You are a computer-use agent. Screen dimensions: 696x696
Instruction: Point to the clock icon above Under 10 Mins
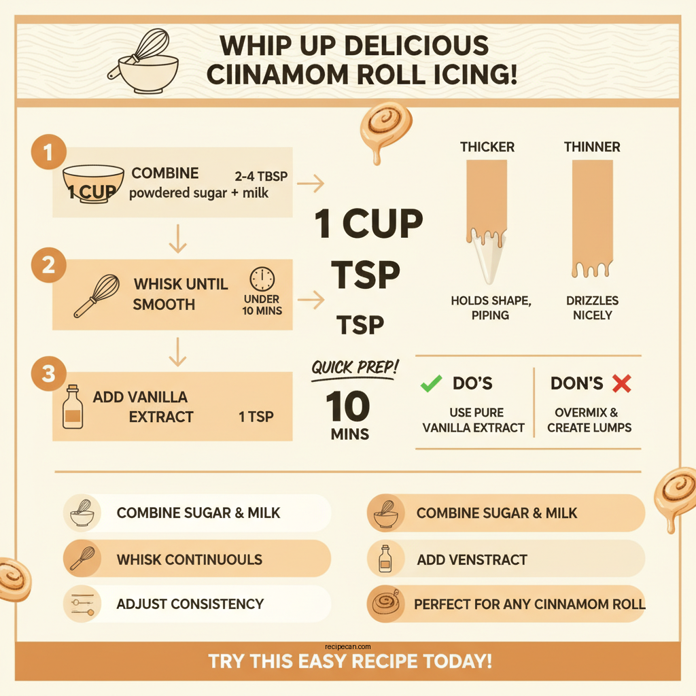point(262,279)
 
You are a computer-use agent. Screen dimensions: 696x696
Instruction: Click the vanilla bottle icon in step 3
point(72,407)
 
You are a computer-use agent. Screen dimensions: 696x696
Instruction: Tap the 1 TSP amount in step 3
point(256,417)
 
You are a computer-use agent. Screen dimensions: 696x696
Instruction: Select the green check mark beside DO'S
point(430,384)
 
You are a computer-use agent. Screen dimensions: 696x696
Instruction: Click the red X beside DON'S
point(621,384)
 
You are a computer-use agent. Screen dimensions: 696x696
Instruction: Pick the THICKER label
point(487,147)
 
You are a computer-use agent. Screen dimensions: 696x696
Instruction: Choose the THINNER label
point(592,147)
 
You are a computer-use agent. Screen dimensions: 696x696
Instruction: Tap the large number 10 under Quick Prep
point(348,406)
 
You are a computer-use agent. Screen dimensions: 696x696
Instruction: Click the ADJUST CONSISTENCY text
point(190,604)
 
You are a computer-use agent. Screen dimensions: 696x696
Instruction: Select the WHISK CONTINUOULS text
point(189,560)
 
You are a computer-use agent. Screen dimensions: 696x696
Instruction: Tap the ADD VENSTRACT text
point(472,560)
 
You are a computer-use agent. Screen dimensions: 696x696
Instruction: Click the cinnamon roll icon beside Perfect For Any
point(386,604)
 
